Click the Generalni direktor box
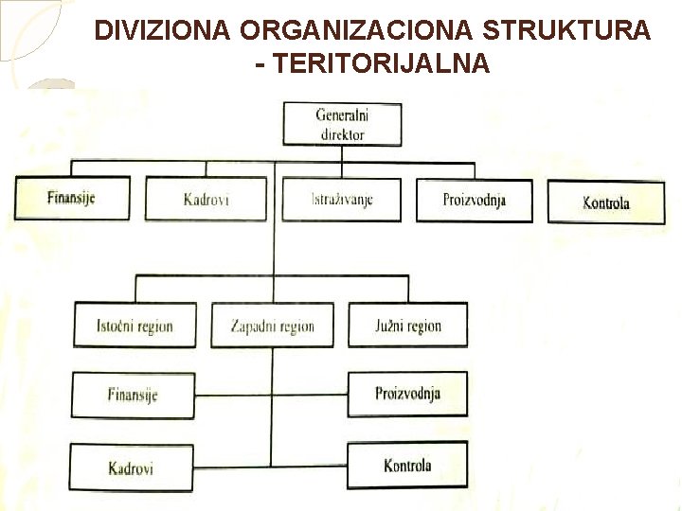click(342, 125)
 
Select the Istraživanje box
click(342, 200)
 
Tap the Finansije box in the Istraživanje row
click(72, 199)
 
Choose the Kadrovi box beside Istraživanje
click(206, 200)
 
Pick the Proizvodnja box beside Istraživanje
click(475, 200)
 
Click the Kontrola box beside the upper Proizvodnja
click(606, 203)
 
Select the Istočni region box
click(135, 326)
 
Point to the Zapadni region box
click(273, 326)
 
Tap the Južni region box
click(407, 326)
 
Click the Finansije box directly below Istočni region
click(133, 395)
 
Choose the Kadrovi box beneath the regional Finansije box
click(132, 467)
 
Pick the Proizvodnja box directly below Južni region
click(407, 394)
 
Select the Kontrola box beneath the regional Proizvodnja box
click(407, 466)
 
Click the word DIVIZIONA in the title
click(162, 30)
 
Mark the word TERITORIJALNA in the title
click(379, 63)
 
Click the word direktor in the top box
click(342, 134)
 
